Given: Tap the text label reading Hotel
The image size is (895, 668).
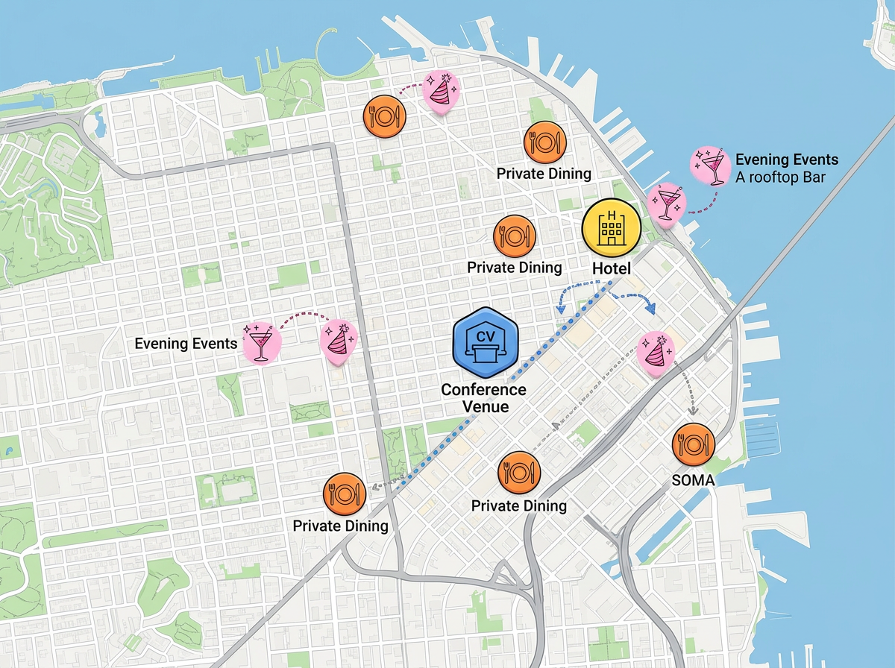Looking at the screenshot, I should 612,268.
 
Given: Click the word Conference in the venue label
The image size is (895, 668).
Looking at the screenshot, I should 483,390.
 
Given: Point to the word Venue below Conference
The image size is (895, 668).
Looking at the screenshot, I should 485,406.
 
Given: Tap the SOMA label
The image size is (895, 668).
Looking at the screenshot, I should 693,481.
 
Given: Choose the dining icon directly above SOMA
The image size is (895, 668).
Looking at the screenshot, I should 693,445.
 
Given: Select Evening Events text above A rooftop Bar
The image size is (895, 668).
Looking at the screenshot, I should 786,160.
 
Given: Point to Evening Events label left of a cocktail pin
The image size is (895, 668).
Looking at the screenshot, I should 186,344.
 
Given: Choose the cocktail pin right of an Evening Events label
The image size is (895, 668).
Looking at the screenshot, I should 262,342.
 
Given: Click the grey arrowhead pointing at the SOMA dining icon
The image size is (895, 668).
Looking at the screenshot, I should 693,412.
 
